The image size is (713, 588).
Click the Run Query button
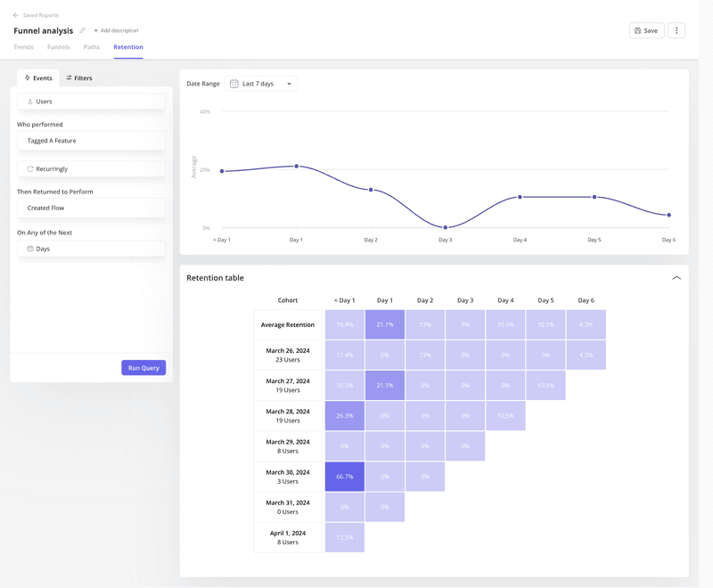pos(143,368)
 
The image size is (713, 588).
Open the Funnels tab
pos(58,47)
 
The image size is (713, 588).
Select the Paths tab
pos(92,47)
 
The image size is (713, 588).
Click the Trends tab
pos(23,47)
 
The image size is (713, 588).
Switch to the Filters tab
pos(78,78)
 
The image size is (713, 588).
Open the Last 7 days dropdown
pos(261,84)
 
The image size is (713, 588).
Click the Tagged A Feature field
pos(91,141)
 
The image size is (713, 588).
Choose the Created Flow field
pos(91,208)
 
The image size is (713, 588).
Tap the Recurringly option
pos(91,168)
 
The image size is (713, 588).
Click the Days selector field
pos(91,249)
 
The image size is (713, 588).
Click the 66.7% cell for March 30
pos(345,477)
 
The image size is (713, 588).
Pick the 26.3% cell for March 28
pos(345,416)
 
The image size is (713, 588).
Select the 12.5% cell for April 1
pos(345,537)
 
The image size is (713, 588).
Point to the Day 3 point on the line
pos(446,228)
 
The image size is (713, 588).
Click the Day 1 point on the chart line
pos(297,166)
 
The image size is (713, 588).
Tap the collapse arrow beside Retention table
pos(676,278)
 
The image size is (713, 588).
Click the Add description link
pos(116,31)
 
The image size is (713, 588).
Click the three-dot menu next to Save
pos(676,30)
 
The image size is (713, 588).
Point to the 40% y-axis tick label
pos(205,112)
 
